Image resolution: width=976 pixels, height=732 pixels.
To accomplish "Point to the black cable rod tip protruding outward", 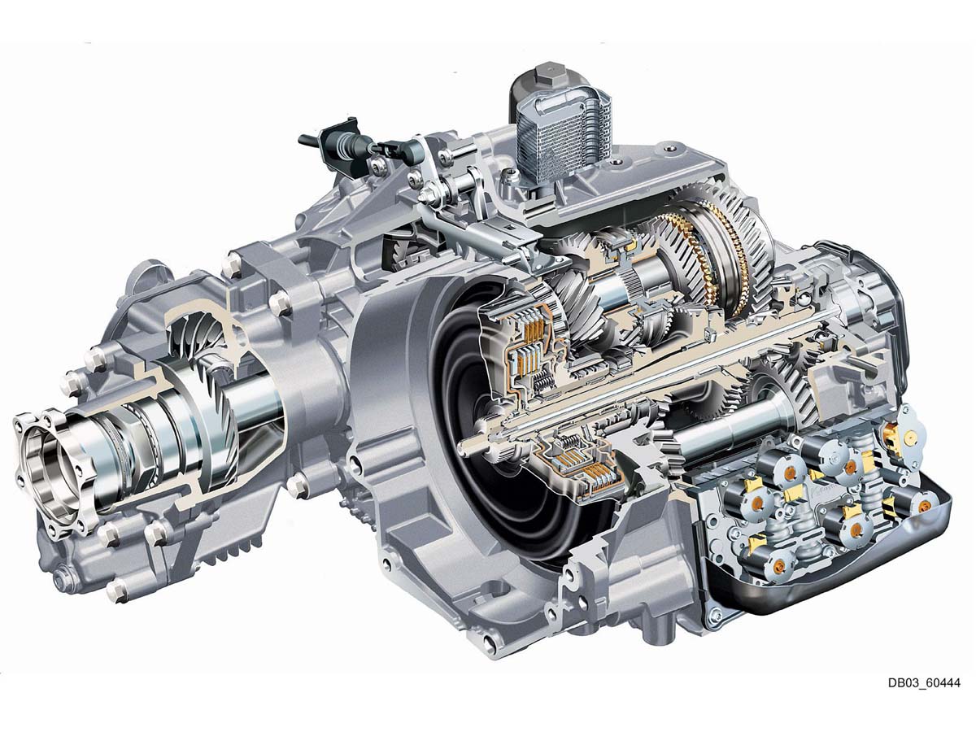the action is pos(307,140).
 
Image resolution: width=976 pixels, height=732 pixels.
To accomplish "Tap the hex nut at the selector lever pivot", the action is pos(426,194).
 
